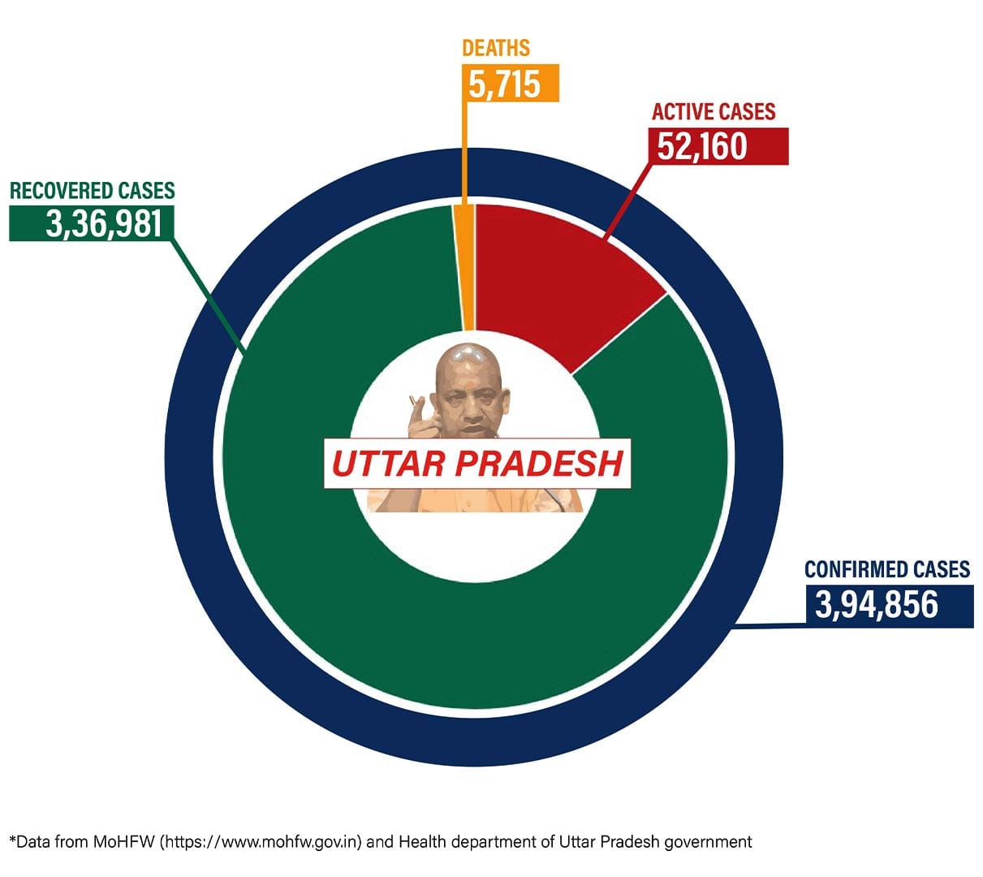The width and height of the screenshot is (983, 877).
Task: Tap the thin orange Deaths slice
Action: (x=466, y=268)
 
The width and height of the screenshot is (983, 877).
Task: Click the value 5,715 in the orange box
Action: (x=504, y=84)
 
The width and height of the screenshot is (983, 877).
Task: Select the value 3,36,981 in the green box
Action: (x=105, y=223)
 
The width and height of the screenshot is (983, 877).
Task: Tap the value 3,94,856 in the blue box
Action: (x=876, y=604)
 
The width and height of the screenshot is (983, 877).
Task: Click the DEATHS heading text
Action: (x=495, y=48)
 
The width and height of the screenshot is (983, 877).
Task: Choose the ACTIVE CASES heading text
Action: (x=714, y=111)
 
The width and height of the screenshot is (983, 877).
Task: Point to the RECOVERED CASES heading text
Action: (x=92, y=191)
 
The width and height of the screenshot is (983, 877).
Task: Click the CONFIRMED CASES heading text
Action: (x=887, y=569)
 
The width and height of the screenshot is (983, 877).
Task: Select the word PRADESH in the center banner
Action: (x=539, y=464)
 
